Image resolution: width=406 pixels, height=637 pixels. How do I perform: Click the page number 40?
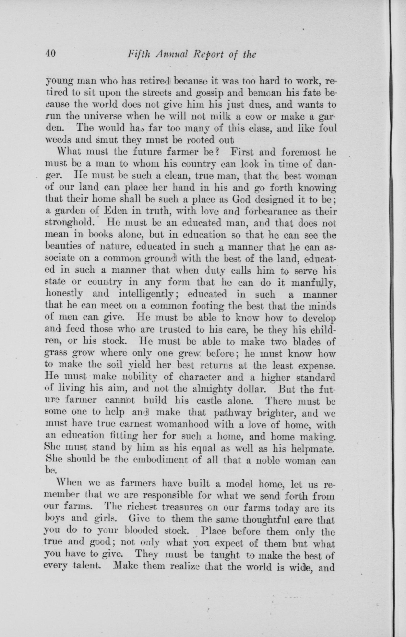pos(50,54)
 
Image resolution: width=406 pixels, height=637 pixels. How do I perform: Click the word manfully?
pos(313,283)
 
